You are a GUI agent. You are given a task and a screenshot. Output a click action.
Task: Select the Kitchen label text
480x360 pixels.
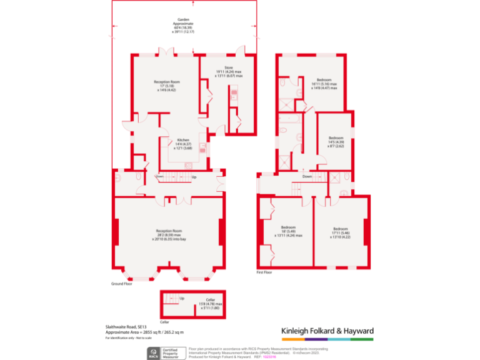[182, 143]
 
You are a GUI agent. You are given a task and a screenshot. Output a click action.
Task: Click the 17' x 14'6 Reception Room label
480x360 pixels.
[166, 86]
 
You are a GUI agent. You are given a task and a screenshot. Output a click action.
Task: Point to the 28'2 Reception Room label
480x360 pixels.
[168, 234]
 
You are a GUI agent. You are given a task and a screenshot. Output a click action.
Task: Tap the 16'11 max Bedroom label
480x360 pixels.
[324, 84]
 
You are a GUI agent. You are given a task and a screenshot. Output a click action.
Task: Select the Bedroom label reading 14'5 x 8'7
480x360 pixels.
[336, 141]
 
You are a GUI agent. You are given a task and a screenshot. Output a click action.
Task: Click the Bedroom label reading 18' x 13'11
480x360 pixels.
[288, 231]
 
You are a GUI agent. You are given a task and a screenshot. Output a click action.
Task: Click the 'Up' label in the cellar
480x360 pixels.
[182, 298]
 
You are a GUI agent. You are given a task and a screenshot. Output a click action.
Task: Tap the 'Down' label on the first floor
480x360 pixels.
[307, 177]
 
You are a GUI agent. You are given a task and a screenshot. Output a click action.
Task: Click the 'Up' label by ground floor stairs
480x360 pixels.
[194, 177]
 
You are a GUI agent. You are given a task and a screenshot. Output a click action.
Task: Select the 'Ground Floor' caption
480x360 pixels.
[122, 283]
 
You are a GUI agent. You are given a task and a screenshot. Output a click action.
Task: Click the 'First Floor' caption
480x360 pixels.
[264, 272]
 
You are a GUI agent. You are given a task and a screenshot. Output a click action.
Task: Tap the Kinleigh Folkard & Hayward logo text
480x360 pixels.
[327, 331]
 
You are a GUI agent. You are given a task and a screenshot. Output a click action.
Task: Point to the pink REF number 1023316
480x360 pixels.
[278, 356]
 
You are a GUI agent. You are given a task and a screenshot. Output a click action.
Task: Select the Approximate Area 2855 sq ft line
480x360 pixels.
[144, 332]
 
